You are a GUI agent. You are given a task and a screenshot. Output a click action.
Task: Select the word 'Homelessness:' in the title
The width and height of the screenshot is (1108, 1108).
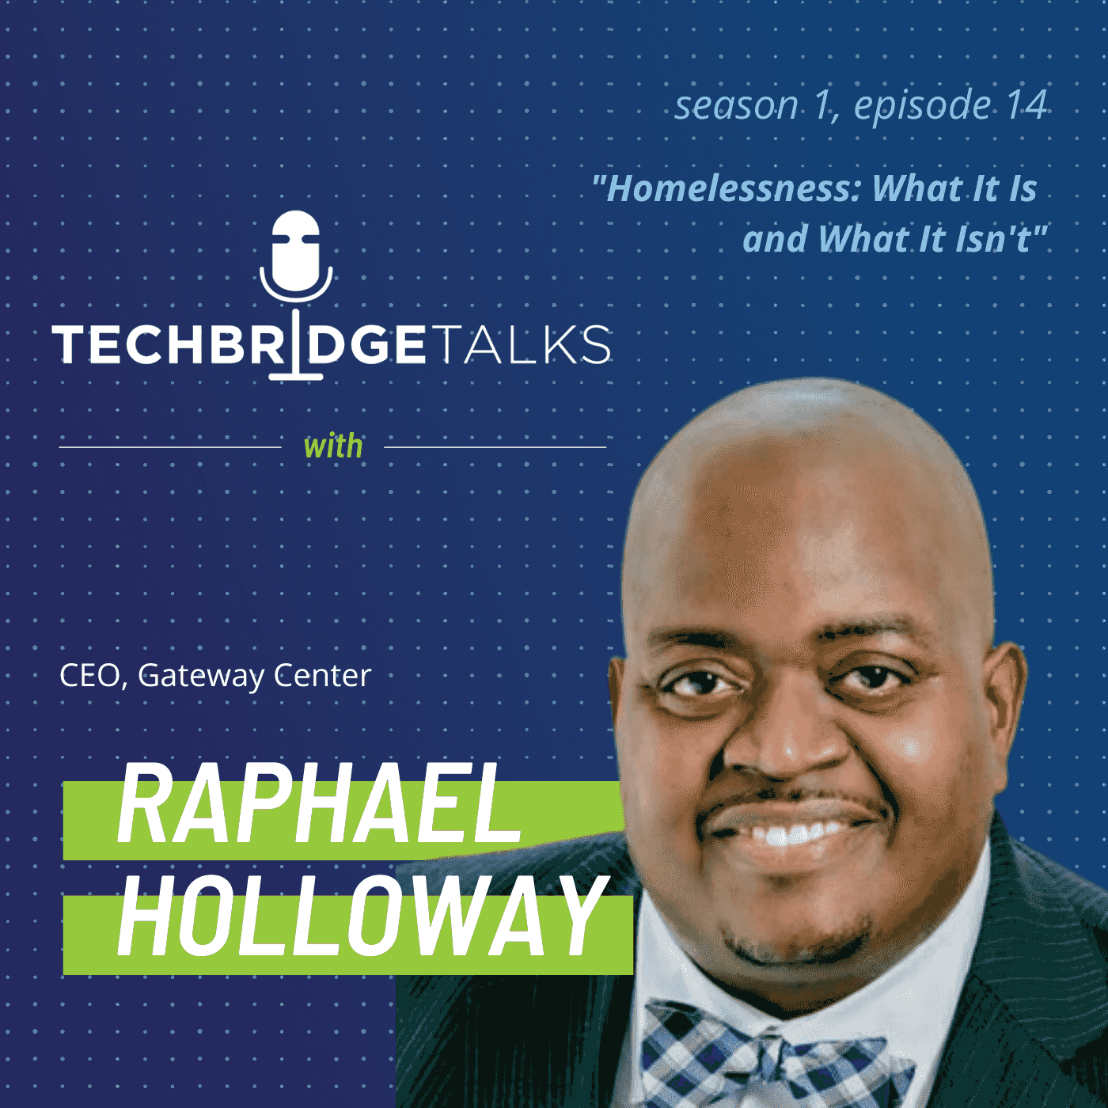[729, 188]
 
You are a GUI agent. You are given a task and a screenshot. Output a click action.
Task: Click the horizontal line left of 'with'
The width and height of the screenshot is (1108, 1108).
[169, 447]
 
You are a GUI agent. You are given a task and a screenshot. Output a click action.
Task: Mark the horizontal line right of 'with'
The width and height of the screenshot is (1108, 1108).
[495, 447]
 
